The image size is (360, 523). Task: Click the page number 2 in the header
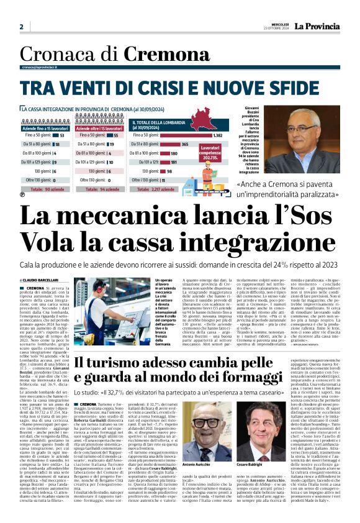pos(21,27)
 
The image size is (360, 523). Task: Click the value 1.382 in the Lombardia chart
pos(217,135)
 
